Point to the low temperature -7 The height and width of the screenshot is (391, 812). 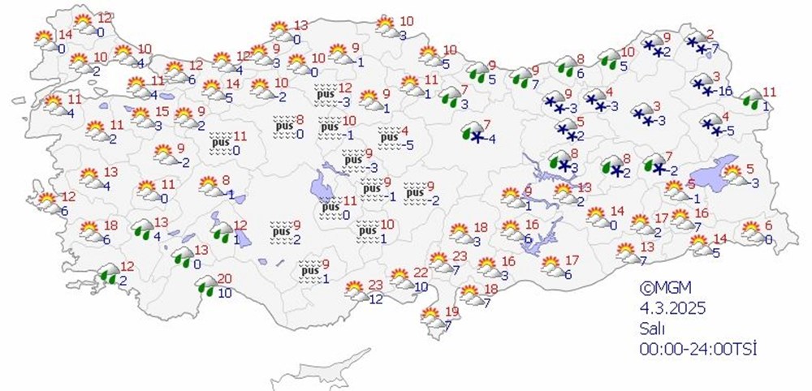[x=713, y=49]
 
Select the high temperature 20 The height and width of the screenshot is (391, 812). [x=225, y=280]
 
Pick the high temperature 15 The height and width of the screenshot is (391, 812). [x=162, y=112]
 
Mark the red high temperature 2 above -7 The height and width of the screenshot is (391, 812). [x=710, y=34]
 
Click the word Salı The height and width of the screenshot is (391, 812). [x=652, y=329]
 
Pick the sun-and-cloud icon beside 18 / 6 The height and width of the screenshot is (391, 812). [x=89, y=230]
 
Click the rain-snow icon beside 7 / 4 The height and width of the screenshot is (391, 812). [x=470, y=131]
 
